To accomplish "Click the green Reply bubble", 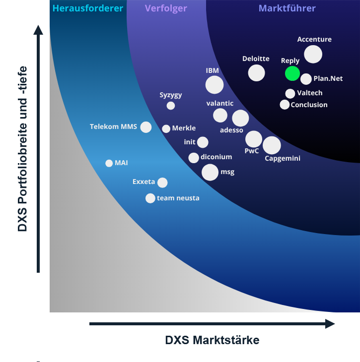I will click(x=292, y=73).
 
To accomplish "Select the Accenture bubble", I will click(x=313, y=54).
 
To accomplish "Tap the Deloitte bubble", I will click(x=257, y=73).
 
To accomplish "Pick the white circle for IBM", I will click(x=215, y=85).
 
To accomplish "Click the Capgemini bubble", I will click(x=272, y=145).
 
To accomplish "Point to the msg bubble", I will click(x=210, y=172).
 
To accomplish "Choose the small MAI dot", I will click(x=109, y=163).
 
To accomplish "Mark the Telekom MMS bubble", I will click(x=146, y=127).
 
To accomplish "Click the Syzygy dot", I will click(x=171, y=106).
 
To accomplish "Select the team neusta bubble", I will click(x=150, y=198).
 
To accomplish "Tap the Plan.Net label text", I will click(x=328, y=78).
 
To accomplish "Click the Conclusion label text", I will click(x=309, y=105).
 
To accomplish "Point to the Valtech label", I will click(x=310, y=93).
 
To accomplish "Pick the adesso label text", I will click(x=231, y=130).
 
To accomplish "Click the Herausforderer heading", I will click(x=88, y=8).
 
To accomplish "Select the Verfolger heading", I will click(x=166, y=8).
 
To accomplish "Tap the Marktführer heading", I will click(x=288, y=8).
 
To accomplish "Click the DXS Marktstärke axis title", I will click(x=212, y=340).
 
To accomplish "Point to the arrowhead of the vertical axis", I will click(x=38, y=29).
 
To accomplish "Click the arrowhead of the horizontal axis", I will click(x=331, y=324).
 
